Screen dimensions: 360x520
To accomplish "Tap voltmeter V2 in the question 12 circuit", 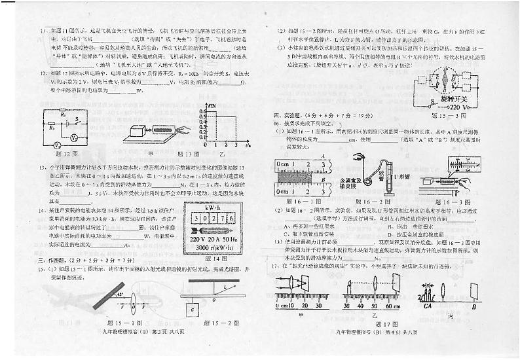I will [75, 138].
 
